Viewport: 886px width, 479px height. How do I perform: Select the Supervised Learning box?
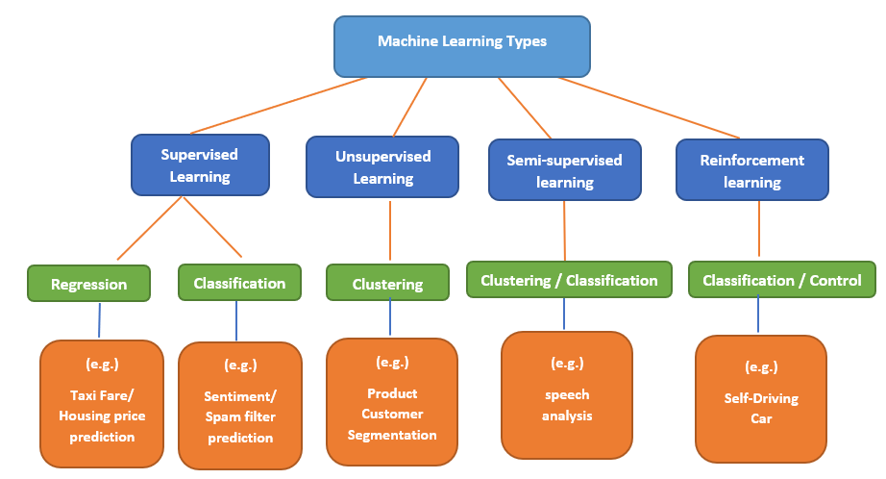[x=200, y=164]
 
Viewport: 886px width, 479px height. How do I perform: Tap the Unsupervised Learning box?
[x=382, y=166]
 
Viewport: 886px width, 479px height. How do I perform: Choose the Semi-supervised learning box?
[x=564, y=170]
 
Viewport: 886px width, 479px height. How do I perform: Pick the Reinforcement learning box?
[x=752, y=170]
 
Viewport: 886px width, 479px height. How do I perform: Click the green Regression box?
[x=88, y=284]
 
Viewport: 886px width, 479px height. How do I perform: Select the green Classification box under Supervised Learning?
[x=239, y=283]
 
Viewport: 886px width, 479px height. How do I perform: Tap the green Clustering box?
[x=387, y=284]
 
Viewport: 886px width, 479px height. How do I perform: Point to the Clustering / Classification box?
[x=569, y=280]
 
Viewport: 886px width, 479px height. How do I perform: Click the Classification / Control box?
[x=781, y=280]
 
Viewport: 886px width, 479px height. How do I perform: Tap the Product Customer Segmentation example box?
[x=392, y=402]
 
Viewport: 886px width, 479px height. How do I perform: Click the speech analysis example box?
[x=567, y=393]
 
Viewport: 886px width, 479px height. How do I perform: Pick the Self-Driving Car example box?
[x=761, y=398]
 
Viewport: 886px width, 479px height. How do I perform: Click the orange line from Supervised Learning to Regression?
[x=150, y=228]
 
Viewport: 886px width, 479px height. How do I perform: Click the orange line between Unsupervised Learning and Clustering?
[x=390, y=231]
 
